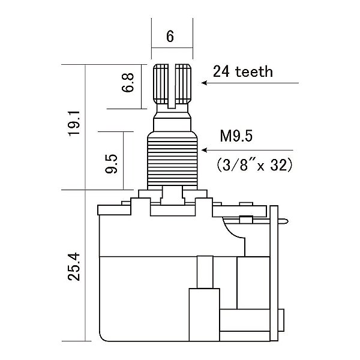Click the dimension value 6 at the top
pos(170,37)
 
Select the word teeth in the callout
pos(251,72)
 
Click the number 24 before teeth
pos(220,72)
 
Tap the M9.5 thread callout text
pos(236,136)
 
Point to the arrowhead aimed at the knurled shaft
pos(204,84)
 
